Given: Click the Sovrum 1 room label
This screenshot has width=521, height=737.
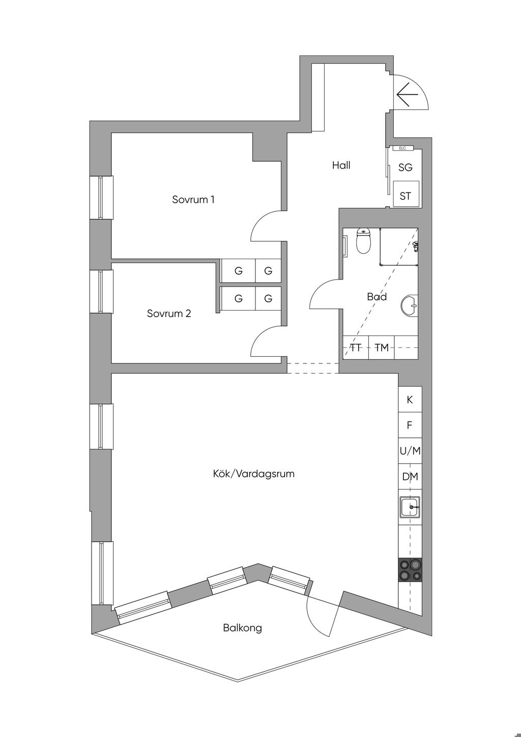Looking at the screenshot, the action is pyautogui.click(x=193, y=200).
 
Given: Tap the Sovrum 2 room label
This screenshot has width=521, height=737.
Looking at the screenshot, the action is pyautogui.click(x=169, y=313).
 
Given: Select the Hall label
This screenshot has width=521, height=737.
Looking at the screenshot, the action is pyautogui.click(x=341, y=165).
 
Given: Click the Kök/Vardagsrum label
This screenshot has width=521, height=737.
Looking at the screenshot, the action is pyautogui.click(x=253, y=474).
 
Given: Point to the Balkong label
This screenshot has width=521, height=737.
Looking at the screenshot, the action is pyautogui.click(x=242, y=628).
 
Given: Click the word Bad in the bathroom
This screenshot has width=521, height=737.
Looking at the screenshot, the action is pyautogui.click(x=377, y=297).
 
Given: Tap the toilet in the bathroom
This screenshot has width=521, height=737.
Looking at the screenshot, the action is pyautogui.click(x=363, y=241).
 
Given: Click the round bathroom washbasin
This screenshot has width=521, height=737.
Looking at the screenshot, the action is pyautogui.click(x=410, y=304).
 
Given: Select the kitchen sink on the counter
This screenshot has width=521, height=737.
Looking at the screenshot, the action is pyautogui.click(x=410, y=507).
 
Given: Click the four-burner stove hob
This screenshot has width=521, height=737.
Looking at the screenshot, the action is pyautogui.click(x=410, y=569).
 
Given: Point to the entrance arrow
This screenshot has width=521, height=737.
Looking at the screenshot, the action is pyautogui.click(x=407, y=95).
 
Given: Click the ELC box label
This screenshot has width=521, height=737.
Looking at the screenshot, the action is pyautogui.click(x=402, y=149).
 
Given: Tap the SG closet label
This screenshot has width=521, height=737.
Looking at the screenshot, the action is pyautogui.click(x=405, y=167).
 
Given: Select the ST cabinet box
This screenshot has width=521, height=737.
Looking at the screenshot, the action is pyautogui.click(x=406, y=194).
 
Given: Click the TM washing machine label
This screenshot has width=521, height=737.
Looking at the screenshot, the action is pyautogui.click(x=382, y=348).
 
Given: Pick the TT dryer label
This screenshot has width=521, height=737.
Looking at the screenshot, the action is pyautogui.click(x=356, y=348).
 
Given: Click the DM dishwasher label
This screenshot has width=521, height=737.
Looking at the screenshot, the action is pyautogui.click(x=410, y=476).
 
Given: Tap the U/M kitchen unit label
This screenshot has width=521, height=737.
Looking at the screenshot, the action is pyautogui.click(x=410, y=451).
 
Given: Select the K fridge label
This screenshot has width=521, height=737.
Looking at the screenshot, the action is pyautogui.click(x=410, y=400).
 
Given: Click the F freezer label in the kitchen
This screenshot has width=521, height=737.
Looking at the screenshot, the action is pyautogui.click(x=410, y=425).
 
